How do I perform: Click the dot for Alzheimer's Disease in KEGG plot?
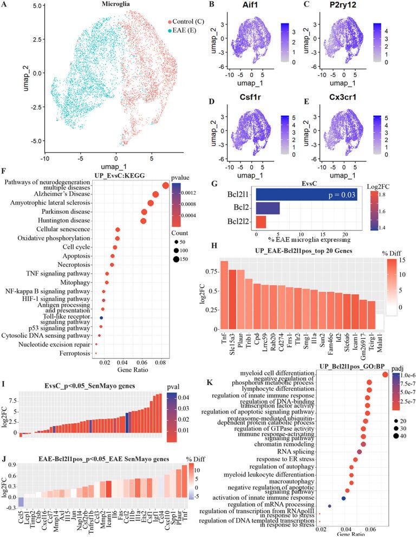(x=155, y=194)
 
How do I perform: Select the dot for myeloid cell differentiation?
(x=385, y=374)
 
